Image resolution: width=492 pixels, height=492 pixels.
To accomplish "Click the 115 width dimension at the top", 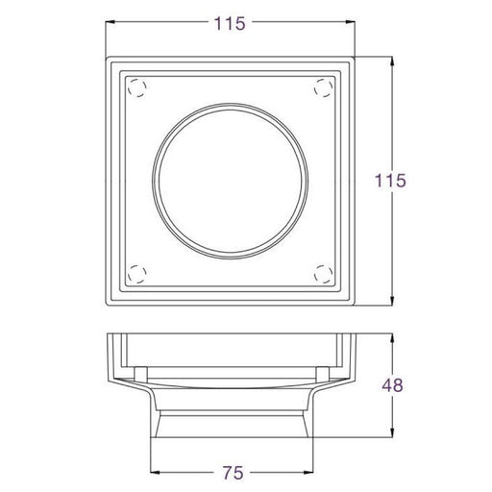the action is click(230, 24).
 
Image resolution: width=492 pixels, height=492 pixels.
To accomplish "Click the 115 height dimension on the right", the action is click(390, 181).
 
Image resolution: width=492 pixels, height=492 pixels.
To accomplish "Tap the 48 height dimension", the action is click(392, 385).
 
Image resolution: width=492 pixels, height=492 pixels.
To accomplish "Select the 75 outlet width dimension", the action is click(234, 473).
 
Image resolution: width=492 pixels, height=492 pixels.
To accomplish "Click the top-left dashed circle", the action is click(137, 87).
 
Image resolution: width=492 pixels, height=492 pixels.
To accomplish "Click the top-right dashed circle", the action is click(323, 87).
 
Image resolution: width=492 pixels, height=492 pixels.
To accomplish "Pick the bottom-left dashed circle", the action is click(137, 274).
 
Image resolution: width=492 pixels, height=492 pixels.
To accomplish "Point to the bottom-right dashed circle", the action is click(323, 274).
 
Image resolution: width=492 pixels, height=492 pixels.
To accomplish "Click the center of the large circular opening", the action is click(231, 181).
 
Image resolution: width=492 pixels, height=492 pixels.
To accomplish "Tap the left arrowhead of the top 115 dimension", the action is click(111, 22).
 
